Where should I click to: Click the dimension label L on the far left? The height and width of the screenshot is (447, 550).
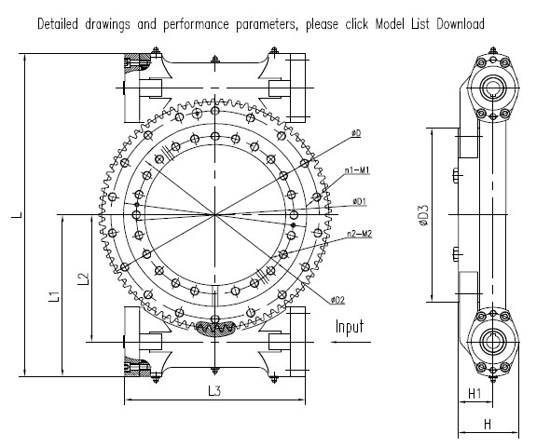(x=17, y=214)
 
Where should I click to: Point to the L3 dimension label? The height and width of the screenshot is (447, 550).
(x=214, y=390)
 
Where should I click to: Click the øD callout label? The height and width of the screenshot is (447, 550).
(x=356, y=133)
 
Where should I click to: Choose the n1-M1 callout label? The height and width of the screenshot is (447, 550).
(x=357, y=170)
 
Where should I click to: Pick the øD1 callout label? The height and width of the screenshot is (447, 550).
(x=360, y=201)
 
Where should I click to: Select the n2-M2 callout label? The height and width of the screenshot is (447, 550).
(x=360, y=234)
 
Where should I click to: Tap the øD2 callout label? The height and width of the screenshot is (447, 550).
(x=337, y=300)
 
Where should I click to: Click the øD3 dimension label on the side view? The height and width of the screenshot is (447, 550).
(x=423, y=214)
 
